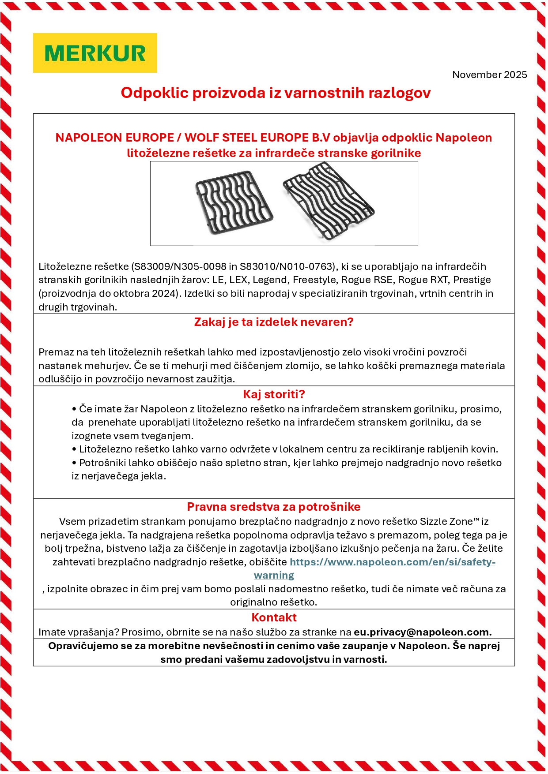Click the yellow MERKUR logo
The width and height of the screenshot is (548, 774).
(x=95, y=53)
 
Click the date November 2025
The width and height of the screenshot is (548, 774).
(x=489, y=75)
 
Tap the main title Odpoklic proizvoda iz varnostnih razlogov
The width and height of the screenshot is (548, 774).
(x=276, y=93)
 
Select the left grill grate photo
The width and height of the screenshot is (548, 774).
(x=234, y=202)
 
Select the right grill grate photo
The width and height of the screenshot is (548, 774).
(x=329, y=201)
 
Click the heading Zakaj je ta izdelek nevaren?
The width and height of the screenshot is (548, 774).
(x=274, y=322)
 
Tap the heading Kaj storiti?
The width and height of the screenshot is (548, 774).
(x=274, y=394)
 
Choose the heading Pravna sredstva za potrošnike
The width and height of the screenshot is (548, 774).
(x=274, y=507)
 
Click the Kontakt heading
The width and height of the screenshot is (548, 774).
(x=274, y=617)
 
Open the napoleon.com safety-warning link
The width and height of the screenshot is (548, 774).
(x=392, y=562)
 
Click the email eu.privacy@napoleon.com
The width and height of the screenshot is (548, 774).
(x=422, y=632)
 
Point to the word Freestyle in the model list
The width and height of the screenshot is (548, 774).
(x=313, y=280)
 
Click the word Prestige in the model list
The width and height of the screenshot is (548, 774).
(x=472, y=280)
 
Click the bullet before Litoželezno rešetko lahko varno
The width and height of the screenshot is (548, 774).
(x=74, y=449)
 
